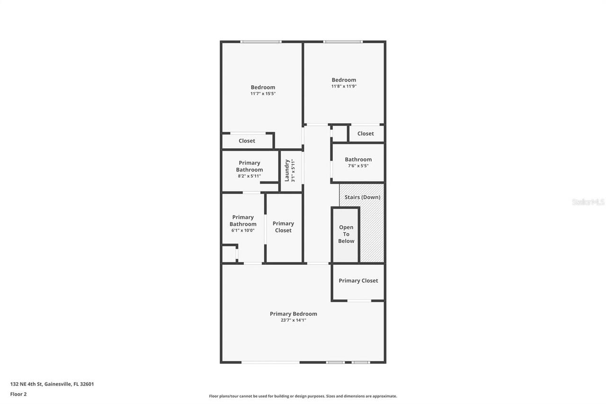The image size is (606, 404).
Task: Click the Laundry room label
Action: (x=287, y=170)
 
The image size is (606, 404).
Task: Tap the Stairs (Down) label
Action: (x=362, y=197)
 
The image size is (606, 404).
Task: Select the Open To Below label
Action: (x=346, y=234)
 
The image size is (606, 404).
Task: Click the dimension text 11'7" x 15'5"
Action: (x=263, y=94)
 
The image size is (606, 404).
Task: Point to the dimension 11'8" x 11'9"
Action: (x=344, y=86)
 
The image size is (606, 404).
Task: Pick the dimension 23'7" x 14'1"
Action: (x=293, y=320)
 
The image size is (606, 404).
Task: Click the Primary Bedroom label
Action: (x=293, y=314)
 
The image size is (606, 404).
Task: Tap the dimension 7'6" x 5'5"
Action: (x=358, y=166)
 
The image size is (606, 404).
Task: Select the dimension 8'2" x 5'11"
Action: (x=249, y=176)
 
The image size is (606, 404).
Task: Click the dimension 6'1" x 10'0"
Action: (x=243, y=231)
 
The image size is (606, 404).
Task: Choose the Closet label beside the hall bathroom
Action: (x=365, y=134)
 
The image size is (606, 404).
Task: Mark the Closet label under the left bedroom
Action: (x=247, y=141)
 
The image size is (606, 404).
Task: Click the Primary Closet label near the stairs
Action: (x=358, y=280)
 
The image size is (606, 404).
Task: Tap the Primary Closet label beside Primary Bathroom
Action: (x=283, y=227)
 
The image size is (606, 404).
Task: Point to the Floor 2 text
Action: (x=18, y=394)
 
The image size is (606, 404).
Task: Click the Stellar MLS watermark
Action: (x=588, y=202)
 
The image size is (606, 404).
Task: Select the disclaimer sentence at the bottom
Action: (x=303, y=396)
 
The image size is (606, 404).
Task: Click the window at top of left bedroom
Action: (x=260, y=42)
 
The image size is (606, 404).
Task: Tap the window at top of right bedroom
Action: (x=343, y=42)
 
